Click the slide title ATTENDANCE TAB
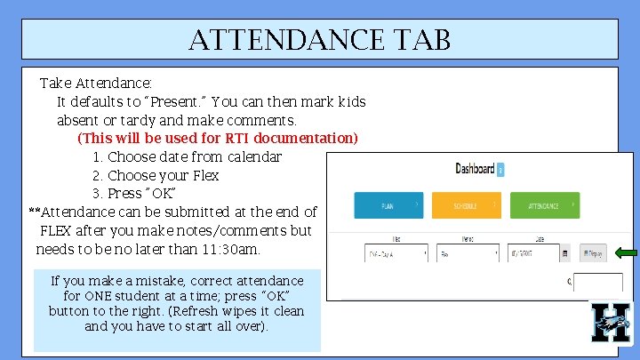(x=319, y=39)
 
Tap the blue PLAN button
(x=388, y=206)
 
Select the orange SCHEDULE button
(x=466, y=206)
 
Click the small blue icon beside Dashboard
(x=500, y=170)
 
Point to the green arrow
(x=626, y=253)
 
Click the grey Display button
(x=594, y=253)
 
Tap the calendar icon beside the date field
(x=564, y=253)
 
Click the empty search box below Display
(x=597, y=283)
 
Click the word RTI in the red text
(x=237, y=139)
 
